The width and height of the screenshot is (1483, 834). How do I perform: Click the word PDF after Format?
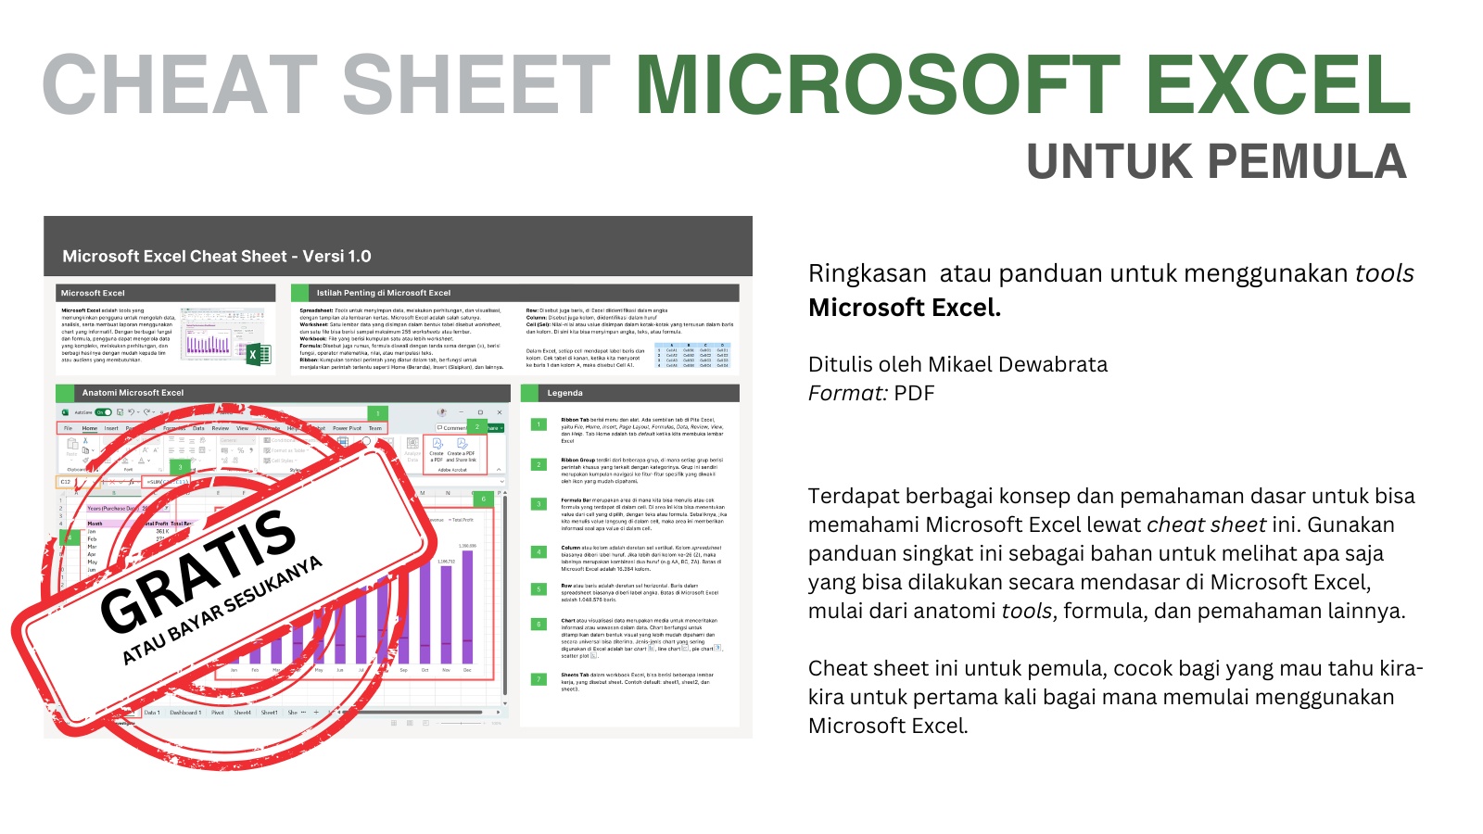point(914,393)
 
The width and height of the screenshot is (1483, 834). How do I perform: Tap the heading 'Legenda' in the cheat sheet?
point(564,393)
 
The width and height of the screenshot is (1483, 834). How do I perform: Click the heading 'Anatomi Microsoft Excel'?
point(133,393)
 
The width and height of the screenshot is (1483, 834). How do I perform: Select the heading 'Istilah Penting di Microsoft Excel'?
point(383,293)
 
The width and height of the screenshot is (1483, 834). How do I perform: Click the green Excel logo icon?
point(258,354)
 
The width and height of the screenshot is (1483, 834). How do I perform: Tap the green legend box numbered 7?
point(539,679)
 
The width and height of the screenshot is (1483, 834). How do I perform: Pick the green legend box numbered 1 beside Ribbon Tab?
point(539,424)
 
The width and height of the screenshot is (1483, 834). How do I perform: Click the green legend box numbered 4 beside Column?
point(539,552)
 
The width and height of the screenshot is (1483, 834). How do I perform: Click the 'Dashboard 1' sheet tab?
point(184,713)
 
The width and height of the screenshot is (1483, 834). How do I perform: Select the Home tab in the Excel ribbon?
point(90,428)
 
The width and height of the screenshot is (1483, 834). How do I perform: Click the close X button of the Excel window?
point(500,412)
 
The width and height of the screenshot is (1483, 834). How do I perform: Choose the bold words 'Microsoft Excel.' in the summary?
point(904,308)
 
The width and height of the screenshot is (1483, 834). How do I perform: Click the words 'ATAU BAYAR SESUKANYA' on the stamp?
point(222,611)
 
